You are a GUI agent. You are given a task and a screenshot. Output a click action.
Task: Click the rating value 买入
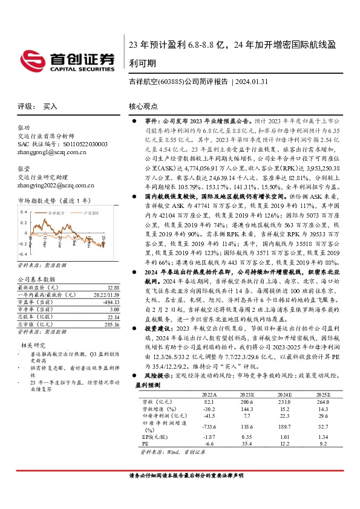click(50, 106)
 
